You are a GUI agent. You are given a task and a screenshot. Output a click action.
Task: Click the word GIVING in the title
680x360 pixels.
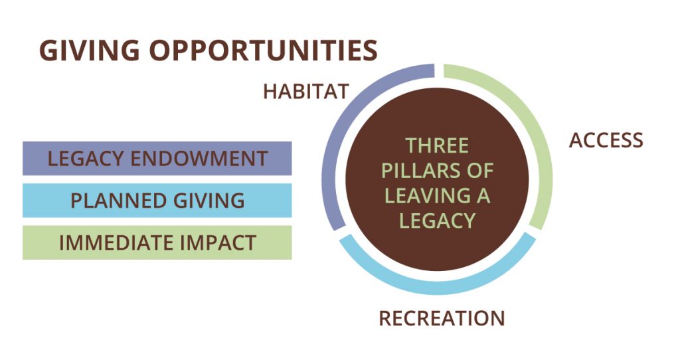[x=90, y=50]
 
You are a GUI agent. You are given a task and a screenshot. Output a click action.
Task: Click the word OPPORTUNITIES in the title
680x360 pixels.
[x=264, y=50]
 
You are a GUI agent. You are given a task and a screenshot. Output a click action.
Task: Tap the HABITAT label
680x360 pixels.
[x=306, y=92]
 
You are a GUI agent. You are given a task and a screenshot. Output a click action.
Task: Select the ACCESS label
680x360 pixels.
[x=606, y=140]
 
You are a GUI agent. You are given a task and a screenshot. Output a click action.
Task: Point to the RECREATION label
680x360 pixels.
[x=442, y=318]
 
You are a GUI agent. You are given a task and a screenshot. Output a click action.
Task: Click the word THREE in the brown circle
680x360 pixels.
[x=437, y=145]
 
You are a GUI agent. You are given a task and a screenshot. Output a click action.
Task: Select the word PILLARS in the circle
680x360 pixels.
[x=418, y=171]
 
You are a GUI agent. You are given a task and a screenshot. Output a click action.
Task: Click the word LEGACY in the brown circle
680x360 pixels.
[x=437, y=221]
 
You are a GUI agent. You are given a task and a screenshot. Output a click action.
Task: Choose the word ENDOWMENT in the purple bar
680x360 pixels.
[x=199, y=158]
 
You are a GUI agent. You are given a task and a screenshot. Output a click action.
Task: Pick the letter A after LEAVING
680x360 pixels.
[x=483, y=196]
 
